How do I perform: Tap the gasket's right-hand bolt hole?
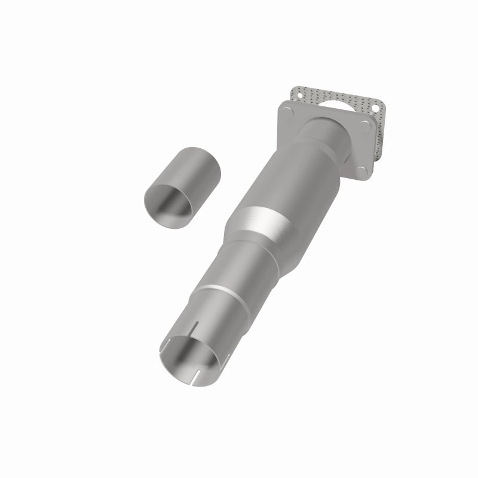375,108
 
